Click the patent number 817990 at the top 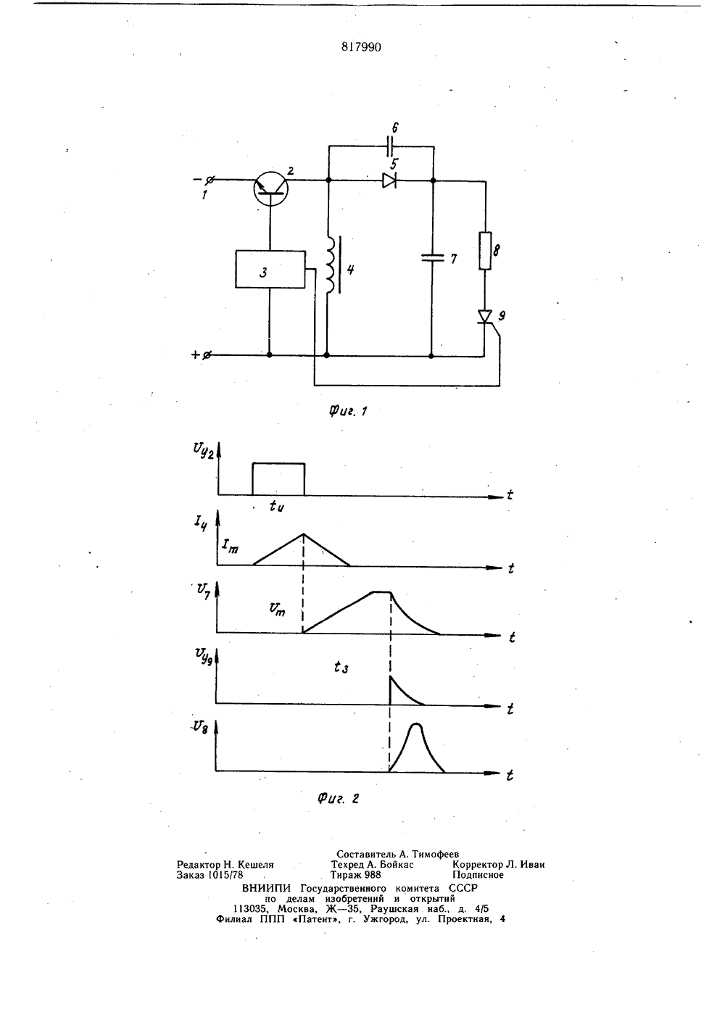[x=361, y=47]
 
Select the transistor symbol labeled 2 [x=271, y=188]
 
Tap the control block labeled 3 [x=270, y=269]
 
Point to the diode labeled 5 [x=389, y=180]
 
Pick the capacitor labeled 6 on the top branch [x=391, y=146]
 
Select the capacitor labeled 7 [x=433, y=257]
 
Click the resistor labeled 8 [x=485, y=251]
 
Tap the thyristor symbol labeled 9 [x=485, y=317]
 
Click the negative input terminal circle [x=210, y=180]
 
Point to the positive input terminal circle [x=207, y=355]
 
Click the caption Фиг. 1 [x=348, y=411]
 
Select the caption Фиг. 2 [x=338, y=799]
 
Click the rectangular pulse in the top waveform [x=278, y=463]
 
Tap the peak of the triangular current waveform [x=302, y=534]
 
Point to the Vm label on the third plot [x=278, y=610]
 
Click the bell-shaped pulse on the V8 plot [x=416, y=723]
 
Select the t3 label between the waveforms [x=341, y=668]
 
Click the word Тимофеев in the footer [x=435, y=854]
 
